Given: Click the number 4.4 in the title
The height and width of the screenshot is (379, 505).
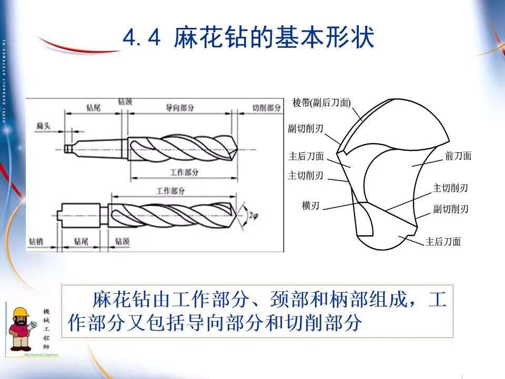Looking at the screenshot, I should pos(140,38).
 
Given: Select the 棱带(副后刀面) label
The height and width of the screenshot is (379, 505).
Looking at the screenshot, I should pos(321,103).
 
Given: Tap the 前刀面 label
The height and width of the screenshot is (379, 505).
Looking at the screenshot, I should pos(458,156).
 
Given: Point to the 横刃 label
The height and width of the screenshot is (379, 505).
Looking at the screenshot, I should pos(310,206).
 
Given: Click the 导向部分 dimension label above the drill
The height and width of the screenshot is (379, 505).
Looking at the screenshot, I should pos(180,107).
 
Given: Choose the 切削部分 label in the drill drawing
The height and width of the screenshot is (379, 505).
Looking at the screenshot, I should pos(266,107).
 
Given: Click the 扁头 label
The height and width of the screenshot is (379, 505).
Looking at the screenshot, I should pos(44,125).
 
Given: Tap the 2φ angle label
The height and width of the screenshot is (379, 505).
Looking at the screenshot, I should pos(253,215).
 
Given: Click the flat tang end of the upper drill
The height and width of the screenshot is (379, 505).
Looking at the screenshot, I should pos(67,149).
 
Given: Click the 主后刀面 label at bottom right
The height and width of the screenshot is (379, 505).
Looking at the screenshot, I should pos(443,242).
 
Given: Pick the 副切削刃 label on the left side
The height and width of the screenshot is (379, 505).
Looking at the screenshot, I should pos(306,128).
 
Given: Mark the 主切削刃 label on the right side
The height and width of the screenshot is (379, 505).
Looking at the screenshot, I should pos(450,188).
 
